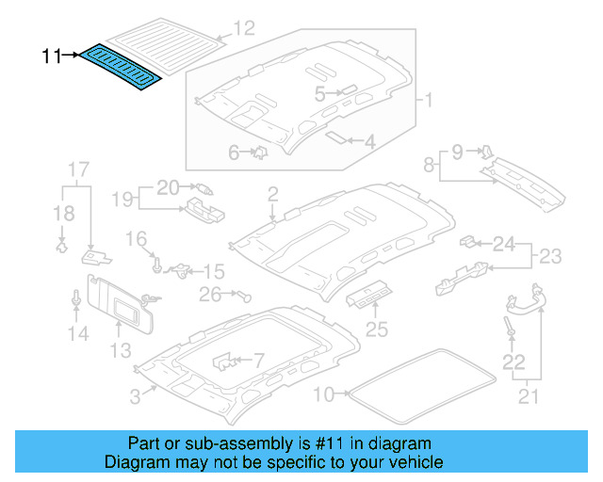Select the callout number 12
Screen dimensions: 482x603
244,28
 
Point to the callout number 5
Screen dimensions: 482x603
369,142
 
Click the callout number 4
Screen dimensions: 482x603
320,94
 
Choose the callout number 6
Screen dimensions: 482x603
235,152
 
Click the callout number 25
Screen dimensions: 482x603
376,329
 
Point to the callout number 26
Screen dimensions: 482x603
210,295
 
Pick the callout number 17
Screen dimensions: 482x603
77,169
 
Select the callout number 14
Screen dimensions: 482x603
77,333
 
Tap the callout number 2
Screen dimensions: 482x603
272,195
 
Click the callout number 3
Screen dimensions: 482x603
136,397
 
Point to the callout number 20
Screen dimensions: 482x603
167,186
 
